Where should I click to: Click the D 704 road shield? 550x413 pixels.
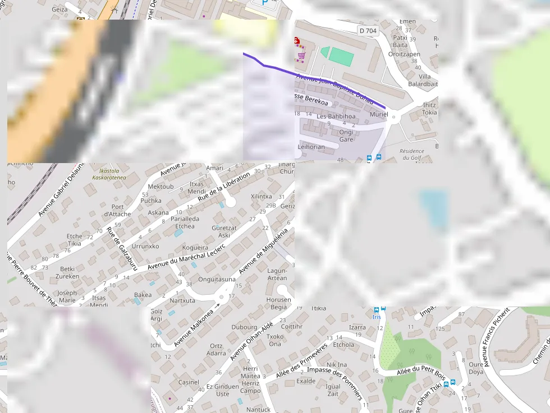368,31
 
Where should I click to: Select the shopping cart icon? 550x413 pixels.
301,55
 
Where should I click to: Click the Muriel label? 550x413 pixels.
379,114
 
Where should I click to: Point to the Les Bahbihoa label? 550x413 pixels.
336,117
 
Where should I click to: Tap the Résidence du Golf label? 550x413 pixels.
412,155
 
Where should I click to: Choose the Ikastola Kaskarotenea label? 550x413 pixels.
109,174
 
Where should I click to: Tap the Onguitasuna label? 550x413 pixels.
217,279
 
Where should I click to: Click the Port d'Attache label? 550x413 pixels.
117,211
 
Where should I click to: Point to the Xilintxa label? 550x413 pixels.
261,197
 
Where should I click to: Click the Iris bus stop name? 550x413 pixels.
376,317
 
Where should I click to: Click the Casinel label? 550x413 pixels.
189,382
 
